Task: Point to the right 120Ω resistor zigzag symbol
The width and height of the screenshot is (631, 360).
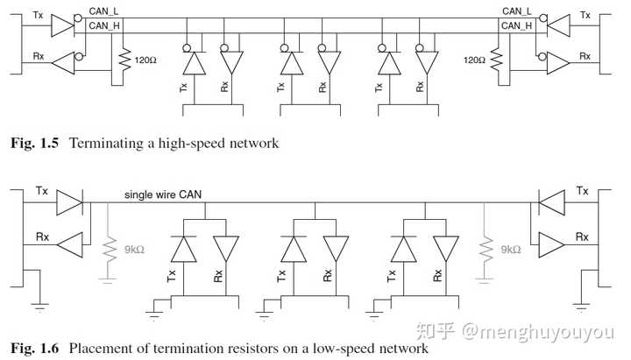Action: click(496, 59)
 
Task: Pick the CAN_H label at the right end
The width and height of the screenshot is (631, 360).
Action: click(517, 25)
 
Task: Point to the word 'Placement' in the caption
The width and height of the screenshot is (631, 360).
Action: click(103, 349)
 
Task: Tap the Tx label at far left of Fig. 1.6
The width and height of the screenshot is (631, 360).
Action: click(42, 191)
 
